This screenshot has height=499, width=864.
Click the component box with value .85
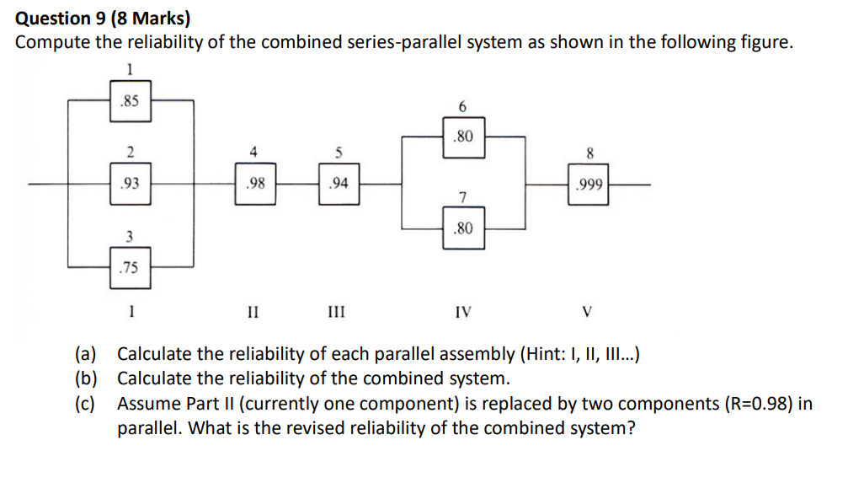click(x=130, y=101)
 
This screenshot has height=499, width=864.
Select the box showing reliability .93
click(x=130, y=184)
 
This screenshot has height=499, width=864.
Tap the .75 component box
click(x=130, y=268)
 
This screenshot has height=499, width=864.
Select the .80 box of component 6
click(x=463, y=136)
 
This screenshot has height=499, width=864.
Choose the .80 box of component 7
click(x=463, y=228)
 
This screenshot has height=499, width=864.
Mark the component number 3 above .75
click(x=129, y=237)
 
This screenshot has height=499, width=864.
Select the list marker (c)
click(x=85, y=403)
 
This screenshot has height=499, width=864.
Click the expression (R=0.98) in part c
click(x=756, y=403)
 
